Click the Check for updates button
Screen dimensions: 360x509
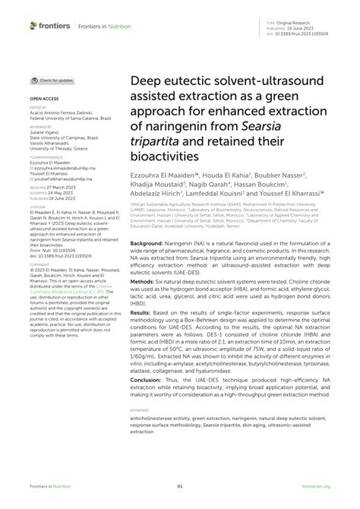[52, 80]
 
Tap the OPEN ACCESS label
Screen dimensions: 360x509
[43, 99]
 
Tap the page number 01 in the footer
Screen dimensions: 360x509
[180, 487]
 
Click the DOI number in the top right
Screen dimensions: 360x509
[306, 35]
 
